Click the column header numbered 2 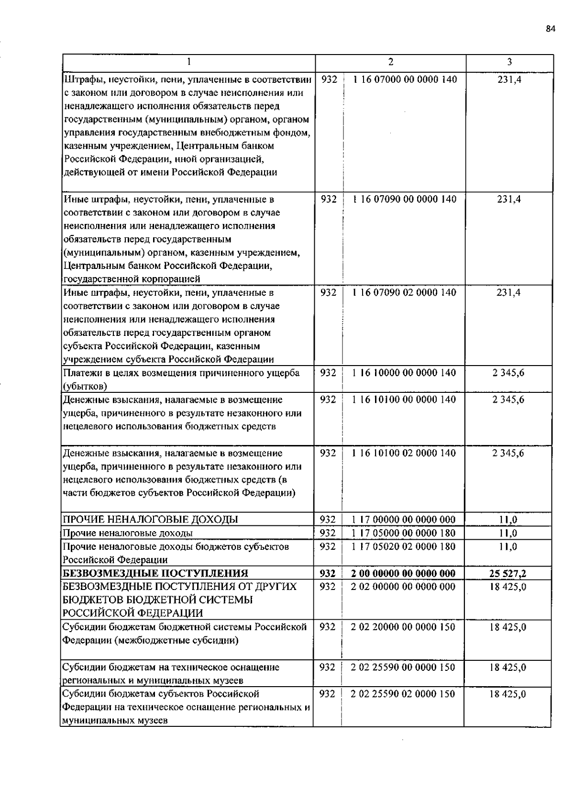(391, 62)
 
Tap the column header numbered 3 (509, 62)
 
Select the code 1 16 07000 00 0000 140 (405, 79)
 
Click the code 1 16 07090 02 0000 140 (405, 292)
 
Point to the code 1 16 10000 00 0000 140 (404, 373)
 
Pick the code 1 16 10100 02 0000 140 (404, 453)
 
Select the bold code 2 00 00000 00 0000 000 (403, 573)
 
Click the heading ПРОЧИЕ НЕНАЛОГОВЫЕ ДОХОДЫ (151, 520)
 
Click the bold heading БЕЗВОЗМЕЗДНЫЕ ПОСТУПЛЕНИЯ (156, 573)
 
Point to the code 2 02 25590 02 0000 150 (403, 694)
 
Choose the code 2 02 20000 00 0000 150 (403, 627)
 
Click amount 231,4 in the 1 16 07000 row (509, 79)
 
